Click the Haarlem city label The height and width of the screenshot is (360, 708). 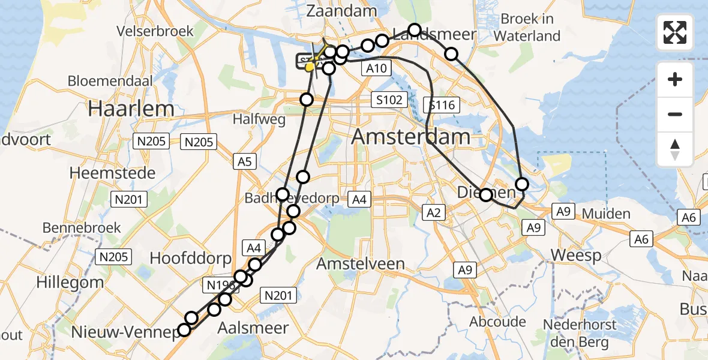pyautogui.click(x=131, y=109)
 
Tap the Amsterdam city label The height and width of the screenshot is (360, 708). pyautogui.click(x=411, y=136)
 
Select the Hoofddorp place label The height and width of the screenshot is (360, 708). pyautogui.click(x=190, y=259)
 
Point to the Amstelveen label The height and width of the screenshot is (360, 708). pyautogui.click(x=360, y=263)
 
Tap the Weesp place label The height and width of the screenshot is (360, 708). pyautogui.click(x=576, y=255)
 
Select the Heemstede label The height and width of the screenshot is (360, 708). pyautogui.click(x=113, y=173)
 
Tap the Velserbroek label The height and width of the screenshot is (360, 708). pyautogui.click(x=155, y=31)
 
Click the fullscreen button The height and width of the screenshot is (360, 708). pyautogui.click(x=675, y=32)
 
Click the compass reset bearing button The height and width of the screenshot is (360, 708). pyautogui.click(x=675, y=149)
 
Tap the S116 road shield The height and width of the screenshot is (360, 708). pyautogui.click(x=443, y=106)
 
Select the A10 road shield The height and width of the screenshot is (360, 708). pyautogui.click(x=377, y=68)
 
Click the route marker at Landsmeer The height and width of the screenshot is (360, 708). pyautogui.click(x=415, y=29)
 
